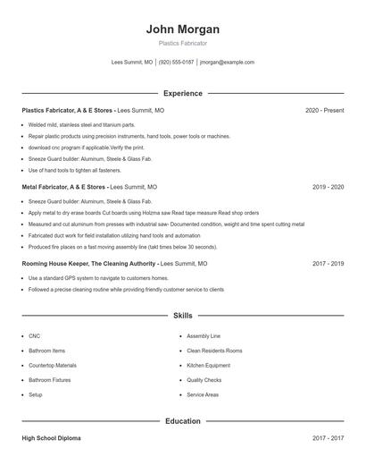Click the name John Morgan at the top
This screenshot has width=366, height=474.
182,29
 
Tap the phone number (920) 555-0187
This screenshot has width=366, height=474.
177,63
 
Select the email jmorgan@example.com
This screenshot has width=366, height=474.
228,63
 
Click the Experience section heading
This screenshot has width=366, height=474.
182,93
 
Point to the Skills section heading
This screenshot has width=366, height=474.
182,316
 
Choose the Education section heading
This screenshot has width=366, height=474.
182,420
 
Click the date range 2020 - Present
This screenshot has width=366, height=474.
324,110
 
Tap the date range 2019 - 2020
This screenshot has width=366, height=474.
328,187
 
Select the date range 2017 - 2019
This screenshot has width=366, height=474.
328,264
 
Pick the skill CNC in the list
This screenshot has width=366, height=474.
34,335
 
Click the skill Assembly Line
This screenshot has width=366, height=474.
203,335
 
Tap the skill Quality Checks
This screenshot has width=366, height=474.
204,379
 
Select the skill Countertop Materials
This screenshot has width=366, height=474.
52,365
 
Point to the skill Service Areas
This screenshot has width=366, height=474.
203,394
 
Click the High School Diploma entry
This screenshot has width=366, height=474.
51,438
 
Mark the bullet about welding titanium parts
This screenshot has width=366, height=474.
81,124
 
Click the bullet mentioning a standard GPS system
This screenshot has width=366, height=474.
98,278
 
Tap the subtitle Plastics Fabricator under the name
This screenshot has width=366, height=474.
182,43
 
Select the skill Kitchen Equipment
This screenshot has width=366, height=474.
208,365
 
